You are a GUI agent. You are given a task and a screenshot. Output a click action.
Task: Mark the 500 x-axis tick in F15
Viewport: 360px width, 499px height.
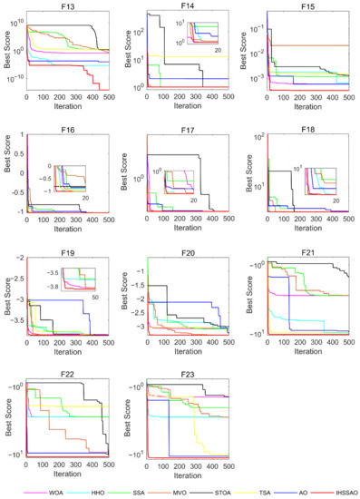(x=349, y=97)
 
